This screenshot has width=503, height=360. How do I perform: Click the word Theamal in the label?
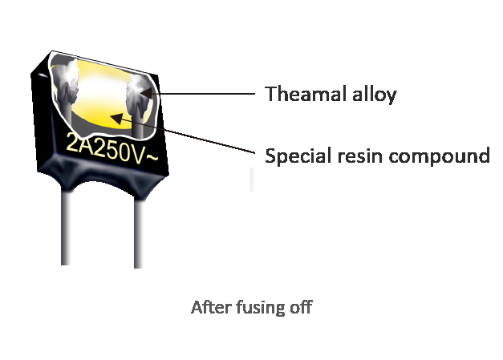[306, 94]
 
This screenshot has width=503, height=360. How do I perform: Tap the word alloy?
[375, 95]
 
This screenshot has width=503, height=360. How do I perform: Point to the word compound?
[439, 156]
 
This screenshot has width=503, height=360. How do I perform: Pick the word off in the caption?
[301, 307]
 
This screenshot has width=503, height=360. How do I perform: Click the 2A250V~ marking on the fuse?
[112, 150]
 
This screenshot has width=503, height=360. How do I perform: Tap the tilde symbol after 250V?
[152, 157]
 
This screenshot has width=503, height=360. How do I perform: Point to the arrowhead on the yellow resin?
[116, 119]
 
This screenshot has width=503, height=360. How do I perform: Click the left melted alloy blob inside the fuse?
[66, 83]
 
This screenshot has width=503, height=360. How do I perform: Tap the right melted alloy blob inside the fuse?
[139, 94]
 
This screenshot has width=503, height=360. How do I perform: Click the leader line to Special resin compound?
[182, 133]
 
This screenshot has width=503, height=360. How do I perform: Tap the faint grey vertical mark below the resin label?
[252, 180]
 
